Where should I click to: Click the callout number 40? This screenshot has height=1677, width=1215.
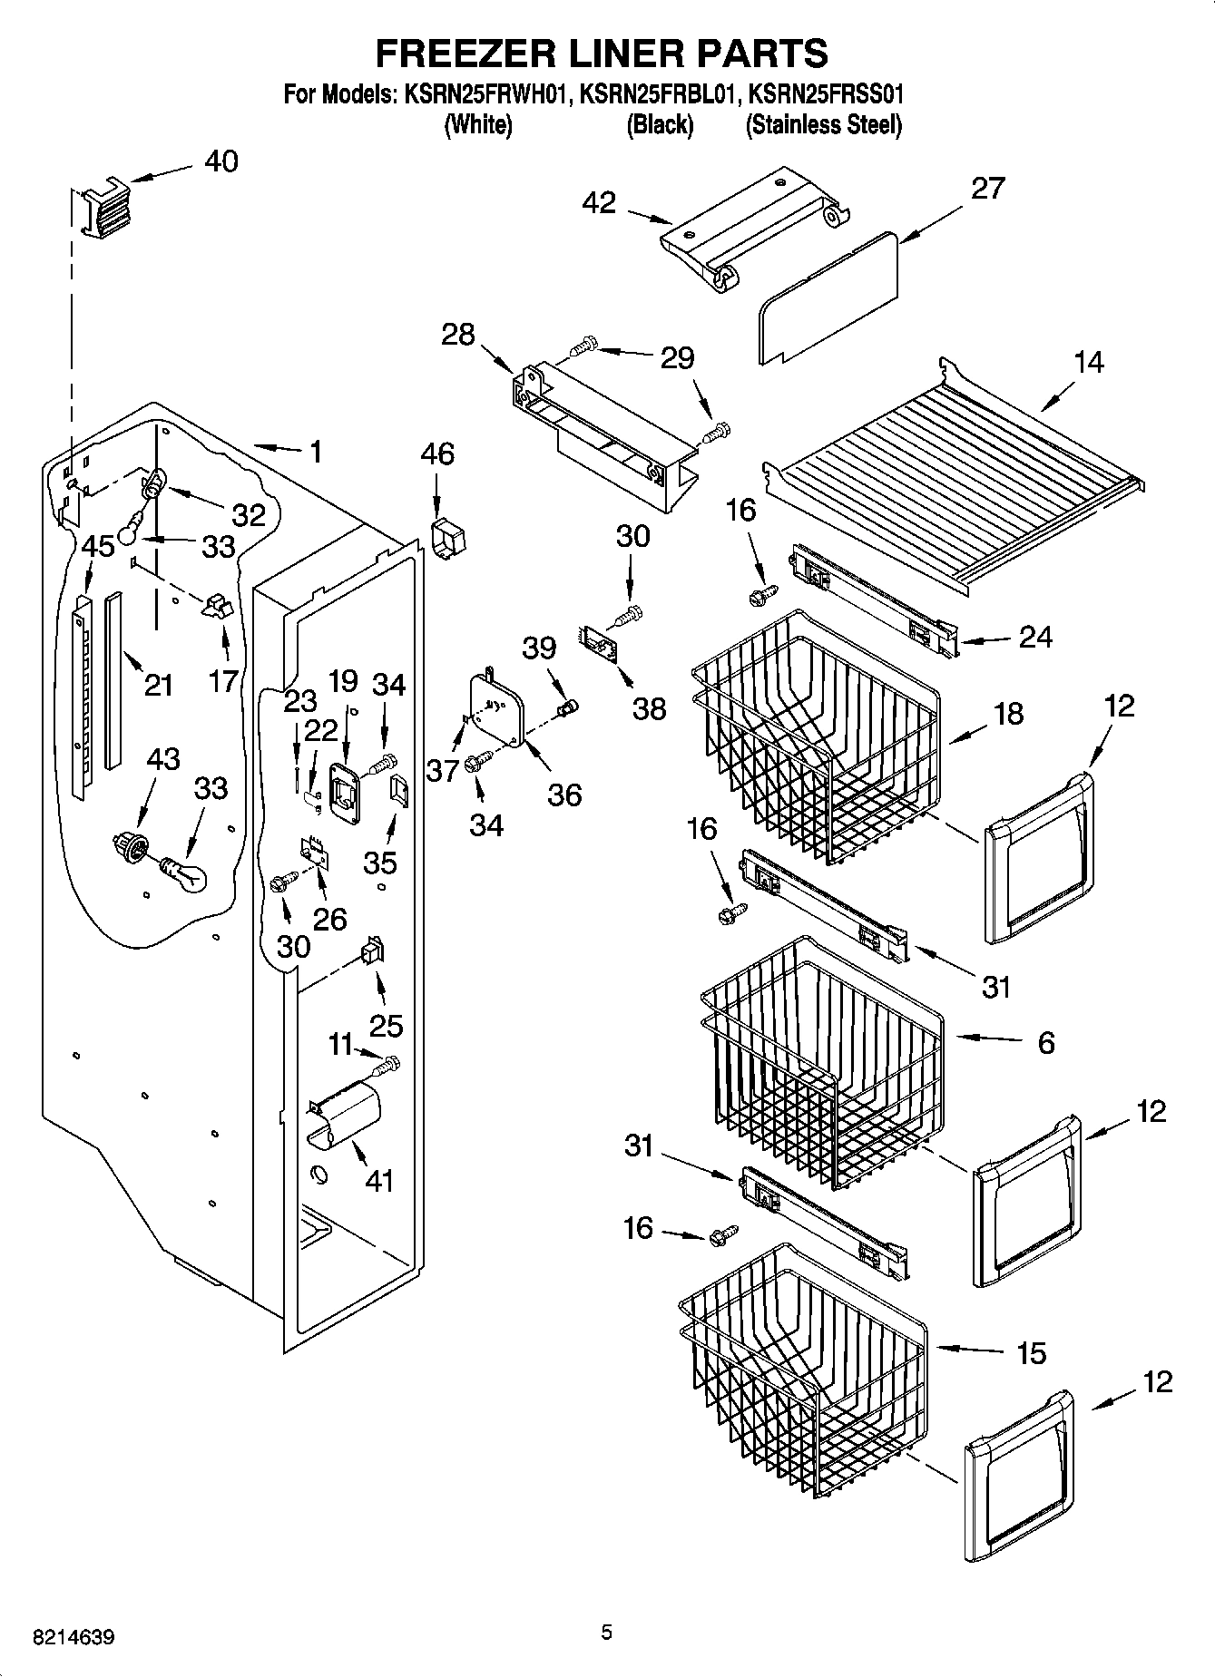tap(220, 161)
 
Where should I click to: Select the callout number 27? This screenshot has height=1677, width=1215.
tap(987, 189)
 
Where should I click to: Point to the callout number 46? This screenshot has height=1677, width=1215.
tap(437, 453)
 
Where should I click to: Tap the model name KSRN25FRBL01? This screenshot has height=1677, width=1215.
tap(655, 94)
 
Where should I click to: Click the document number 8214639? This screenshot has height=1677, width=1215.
tap(73, 1638)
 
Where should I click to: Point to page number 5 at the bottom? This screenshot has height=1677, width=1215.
tap(606, 1633)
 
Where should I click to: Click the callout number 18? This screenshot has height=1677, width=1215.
tap(1008, 713)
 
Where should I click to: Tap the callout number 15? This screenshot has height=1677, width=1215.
tap(1031, 1353)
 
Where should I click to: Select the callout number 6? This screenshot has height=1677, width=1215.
tap(1045, 1043)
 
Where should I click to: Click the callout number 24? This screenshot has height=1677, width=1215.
tap(1034, 638)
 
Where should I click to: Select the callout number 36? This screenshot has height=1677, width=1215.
tap(563, 795)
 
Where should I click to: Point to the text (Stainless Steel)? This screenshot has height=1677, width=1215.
tap(823, 125)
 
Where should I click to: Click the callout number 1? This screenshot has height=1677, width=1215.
tap(315, 452)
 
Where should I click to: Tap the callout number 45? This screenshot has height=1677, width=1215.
tap(98, 546)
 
